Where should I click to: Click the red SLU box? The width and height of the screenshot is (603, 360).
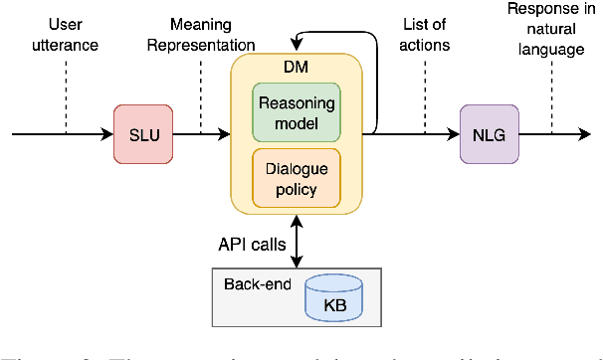(x=142, y=133)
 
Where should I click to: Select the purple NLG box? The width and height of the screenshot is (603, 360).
(x=490, y=133)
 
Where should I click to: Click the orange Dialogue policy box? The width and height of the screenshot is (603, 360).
(x=297, y=177)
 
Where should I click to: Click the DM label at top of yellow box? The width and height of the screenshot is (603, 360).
(x=297, y=66)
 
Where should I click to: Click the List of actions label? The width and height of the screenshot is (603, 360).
(x=426, y=36)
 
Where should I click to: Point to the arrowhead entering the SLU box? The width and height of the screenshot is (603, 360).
(x=108, y=133)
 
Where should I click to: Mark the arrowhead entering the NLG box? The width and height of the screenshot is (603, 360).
(x=455, y=133)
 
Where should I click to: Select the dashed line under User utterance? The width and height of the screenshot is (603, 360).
(x=67, y=94)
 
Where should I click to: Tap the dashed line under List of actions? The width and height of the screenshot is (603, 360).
(x=426, y=94)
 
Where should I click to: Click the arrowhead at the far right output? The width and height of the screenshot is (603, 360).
(x=586, y=133)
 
